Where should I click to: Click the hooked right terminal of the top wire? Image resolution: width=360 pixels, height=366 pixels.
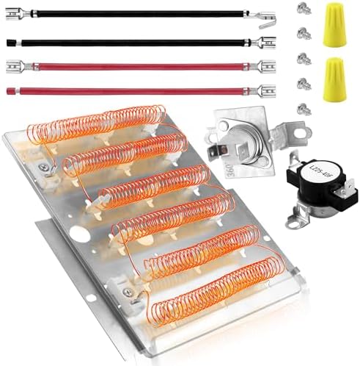coord(265,16)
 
